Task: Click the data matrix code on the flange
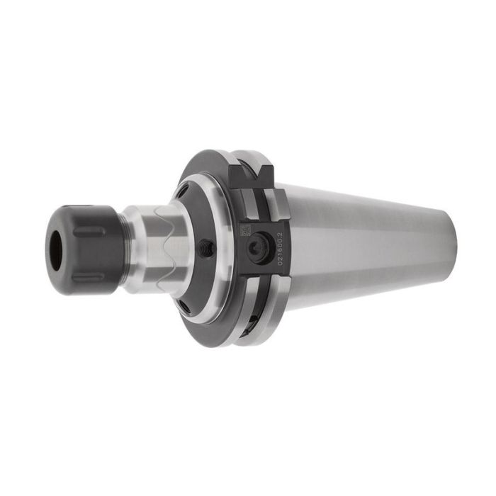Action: [246, 230]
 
